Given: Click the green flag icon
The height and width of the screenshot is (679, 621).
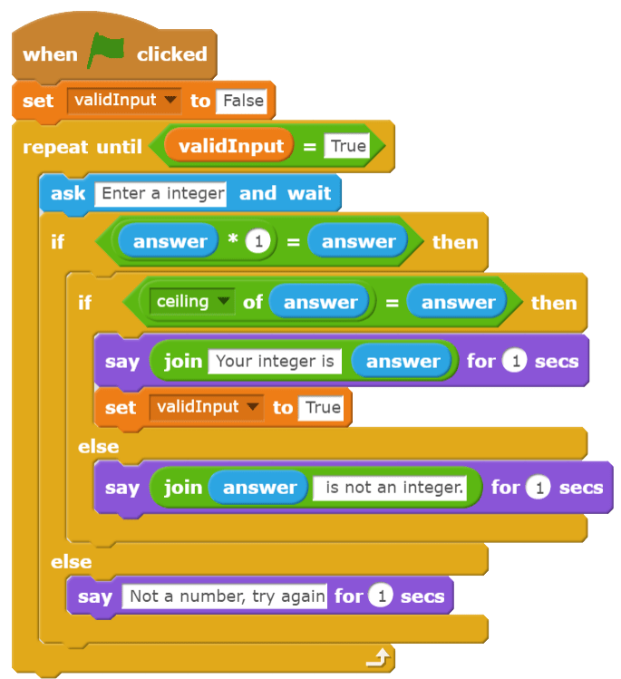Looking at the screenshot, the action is click(105, 53).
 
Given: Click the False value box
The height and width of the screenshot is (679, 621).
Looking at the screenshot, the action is click(243, 100).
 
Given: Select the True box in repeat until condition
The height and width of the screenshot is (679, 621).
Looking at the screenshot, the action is click(347, 146).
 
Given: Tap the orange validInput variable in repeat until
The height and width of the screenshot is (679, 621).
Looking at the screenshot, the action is click(230, 146).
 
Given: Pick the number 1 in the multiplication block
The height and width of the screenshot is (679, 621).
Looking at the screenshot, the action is click(258, 242).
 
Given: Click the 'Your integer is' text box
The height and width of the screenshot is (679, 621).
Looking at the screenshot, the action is click(275, 361).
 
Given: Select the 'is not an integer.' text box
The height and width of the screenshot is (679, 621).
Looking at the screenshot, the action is click(394, 488).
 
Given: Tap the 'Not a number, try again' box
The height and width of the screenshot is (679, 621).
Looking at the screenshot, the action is click(227, 596).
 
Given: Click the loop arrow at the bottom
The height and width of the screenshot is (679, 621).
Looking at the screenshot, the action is click(382, 657).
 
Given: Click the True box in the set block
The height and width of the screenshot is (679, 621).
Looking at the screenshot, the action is click(323, 408).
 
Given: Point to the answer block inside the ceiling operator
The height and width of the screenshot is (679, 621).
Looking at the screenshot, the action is click(320, 302).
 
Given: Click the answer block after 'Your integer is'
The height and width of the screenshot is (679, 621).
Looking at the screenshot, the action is click(403, 361).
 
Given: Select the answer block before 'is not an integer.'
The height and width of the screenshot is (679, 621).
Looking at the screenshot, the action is click(259, 488).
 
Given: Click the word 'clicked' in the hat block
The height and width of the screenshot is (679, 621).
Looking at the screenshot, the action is click(172, 54).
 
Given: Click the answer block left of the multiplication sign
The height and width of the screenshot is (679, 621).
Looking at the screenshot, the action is click(170, 242).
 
